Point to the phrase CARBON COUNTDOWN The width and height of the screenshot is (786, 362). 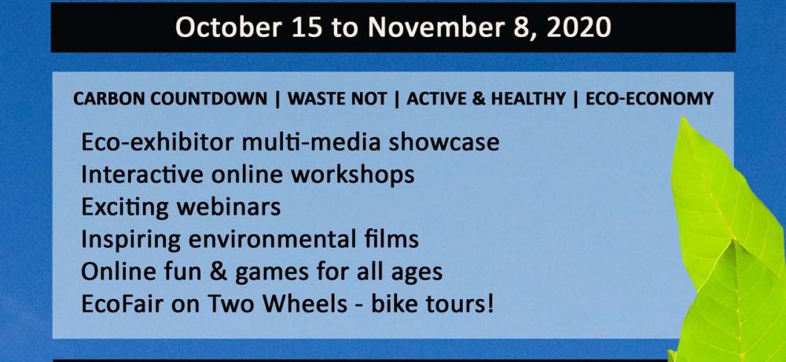pyautogui.click(x=171, y=99)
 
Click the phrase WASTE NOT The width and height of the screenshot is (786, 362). pyautogui.click(x=337, y=99)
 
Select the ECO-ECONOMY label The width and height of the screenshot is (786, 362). pyautogui.click(x=649, y=99)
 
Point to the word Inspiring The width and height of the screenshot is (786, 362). pyautogui.click(x=130, y=240)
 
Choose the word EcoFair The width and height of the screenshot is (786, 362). pyautogui.click(x=120, y=305)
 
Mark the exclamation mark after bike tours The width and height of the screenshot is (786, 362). pyautogui.click(x=489, y=305)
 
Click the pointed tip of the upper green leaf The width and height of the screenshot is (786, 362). pyautogui.click(x=685, y=119)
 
